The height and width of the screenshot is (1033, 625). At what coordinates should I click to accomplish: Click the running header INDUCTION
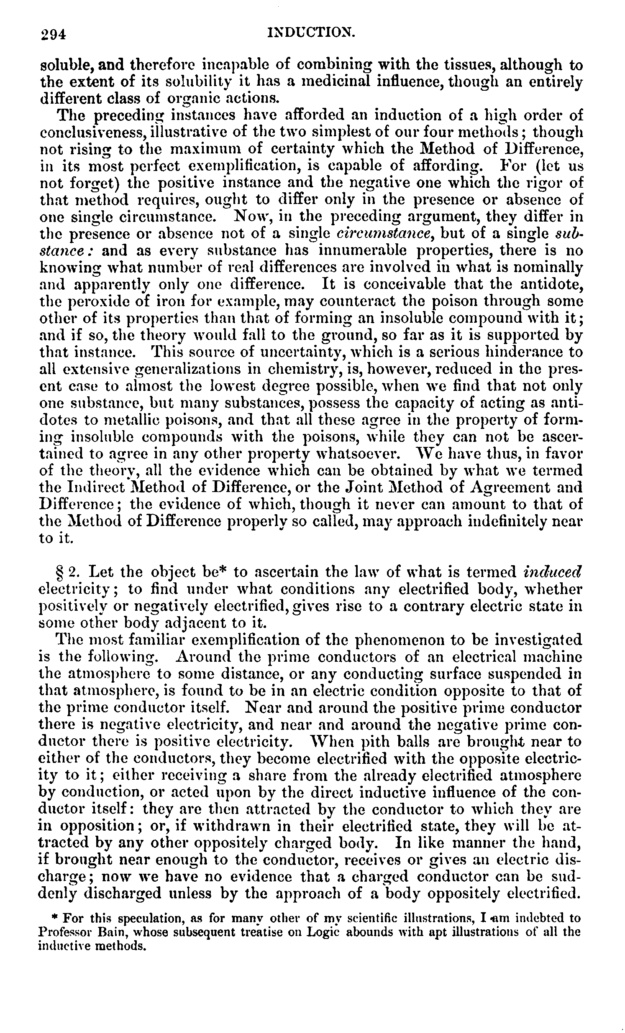[x=311, y=32]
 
